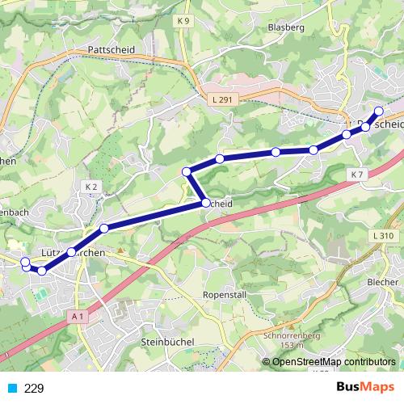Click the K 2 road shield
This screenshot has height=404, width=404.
pyautogui.click(x=90, y=187)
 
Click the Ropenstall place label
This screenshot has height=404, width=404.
pyautogui.click(x=225, y=295)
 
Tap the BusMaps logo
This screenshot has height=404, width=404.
pyautogui.click(x=360, y=388)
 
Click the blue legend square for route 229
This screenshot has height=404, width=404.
pyautogui.click(x=11, y=388)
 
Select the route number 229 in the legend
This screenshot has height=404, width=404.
pyautogui.click(x=34, y=388)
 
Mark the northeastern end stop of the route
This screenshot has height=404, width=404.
pyautogui.click(x=378, y=111)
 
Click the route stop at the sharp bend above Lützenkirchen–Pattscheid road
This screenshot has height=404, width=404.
pyautogui.click(x=187, y=170)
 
